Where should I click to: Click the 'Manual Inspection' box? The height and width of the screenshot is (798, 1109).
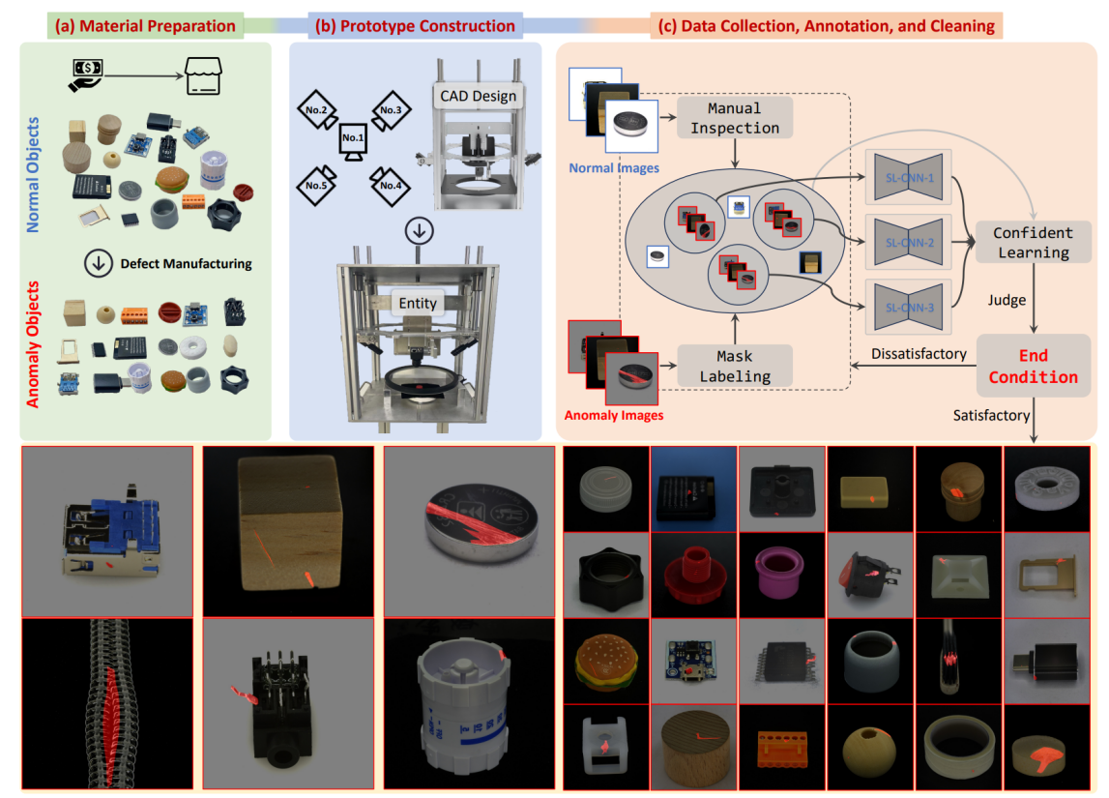[x=735, y=117]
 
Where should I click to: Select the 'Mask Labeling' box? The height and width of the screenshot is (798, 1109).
[x=735, y=365]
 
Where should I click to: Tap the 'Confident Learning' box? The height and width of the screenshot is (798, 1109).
[x=1032, y=242]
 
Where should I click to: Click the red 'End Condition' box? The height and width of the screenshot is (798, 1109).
[x=1033, y=365]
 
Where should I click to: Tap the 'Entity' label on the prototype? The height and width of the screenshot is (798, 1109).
[x=418, y=303]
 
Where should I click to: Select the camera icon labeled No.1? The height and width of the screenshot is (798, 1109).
[x=352, y=141]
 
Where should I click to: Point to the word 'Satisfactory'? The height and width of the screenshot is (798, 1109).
[x=985, y=415]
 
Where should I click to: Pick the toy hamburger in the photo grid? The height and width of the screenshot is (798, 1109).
[x=604, y=665]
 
